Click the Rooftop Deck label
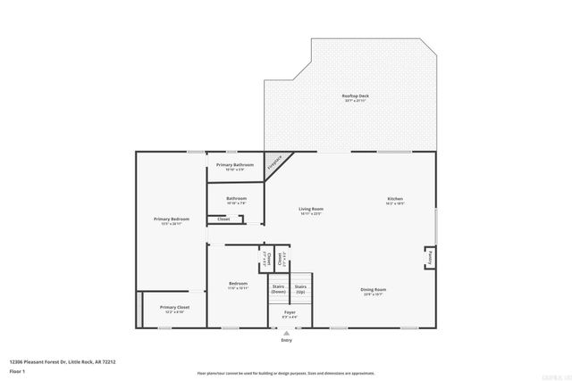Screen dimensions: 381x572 coord(355,95)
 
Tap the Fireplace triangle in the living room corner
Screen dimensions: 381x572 coord(277,163)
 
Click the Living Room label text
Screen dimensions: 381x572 coord(310,209)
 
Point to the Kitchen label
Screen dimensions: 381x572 coord(394,198)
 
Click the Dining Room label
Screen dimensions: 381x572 coord(373,289)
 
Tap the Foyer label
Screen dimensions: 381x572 coord(290,312)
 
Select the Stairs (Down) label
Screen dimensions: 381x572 coord(278,289)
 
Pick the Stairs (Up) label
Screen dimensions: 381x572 coord(300,289)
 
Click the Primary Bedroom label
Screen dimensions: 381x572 coord(171,219)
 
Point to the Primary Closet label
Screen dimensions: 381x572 coord(174,307)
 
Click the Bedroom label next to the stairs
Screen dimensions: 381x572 coord(237,284)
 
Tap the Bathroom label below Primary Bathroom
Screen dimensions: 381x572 coord(236,198)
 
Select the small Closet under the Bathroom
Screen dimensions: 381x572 coord(223,219)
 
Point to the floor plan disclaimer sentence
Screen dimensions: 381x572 coord(286,372)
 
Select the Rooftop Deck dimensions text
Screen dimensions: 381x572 coord(355,101)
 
